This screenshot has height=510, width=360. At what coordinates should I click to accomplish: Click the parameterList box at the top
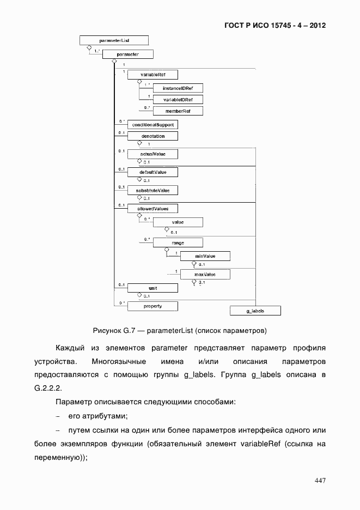click(114, 40)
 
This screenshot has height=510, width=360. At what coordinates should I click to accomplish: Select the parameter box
click(127, 54)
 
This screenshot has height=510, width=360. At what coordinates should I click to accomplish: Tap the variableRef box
click(152, 75)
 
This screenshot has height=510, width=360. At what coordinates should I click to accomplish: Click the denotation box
click(152, 136)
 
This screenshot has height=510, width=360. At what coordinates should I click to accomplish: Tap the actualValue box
click(152, 154)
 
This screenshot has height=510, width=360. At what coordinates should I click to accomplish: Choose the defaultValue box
click(152, 172)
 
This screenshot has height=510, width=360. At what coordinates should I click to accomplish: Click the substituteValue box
click(152, 191)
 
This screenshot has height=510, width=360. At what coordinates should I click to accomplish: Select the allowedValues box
click(152, 209)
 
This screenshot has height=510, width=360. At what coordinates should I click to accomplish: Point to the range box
click(178, 242)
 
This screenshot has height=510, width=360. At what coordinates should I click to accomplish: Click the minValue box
click(205, 256)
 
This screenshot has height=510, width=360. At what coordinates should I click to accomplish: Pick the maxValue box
click(205, 275)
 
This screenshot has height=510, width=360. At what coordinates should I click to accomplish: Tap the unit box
click(152, 288)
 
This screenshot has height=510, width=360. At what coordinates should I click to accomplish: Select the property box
click(152, 306)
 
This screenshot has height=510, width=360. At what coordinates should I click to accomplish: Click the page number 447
click(320, 481)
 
